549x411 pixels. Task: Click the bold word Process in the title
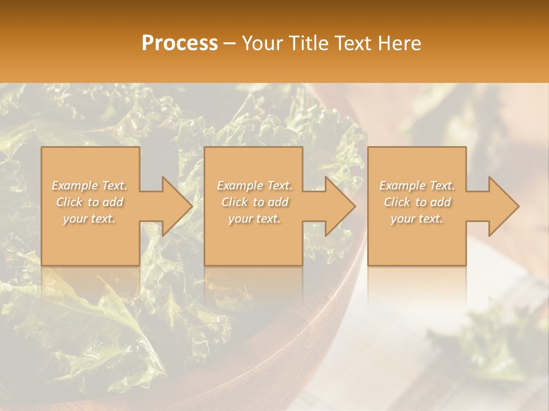(x=180, y=43)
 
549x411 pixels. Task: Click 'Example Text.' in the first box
(x=89, y=186)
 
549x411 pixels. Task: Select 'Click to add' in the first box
(x=89, y=202)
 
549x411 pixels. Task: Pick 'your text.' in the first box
(x=89, y=219)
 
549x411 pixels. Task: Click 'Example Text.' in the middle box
(x=254, y=186)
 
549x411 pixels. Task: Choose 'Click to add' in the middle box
(x=254, y=202)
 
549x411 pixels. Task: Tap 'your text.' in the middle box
(x=254, y=219)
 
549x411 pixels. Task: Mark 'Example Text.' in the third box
(x=417, y=186)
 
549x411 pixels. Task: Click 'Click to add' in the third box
(x=417, y=202)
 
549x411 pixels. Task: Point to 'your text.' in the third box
(x=417, y=219)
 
